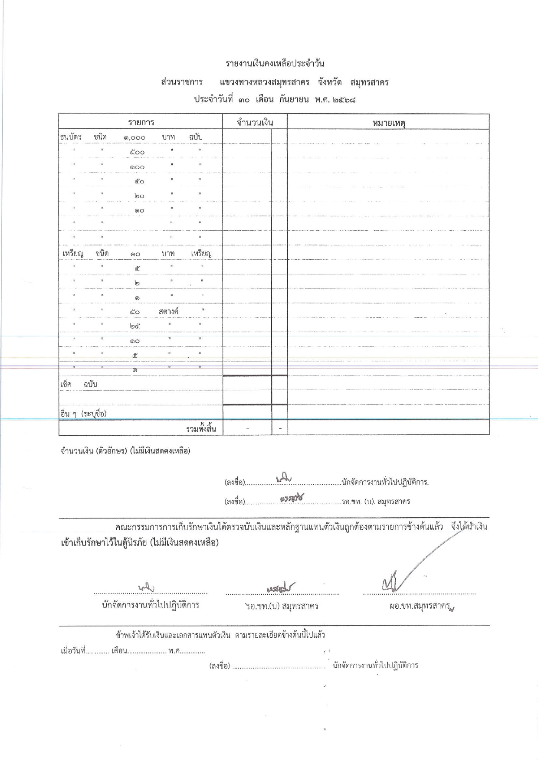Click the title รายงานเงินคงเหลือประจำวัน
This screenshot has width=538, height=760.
pyautogui.click(x=275, y=64)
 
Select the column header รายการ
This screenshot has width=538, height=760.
pyautogui.click(x=141, y=123)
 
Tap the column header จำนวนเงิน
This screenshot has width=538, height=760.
pyautogui.click(x=255, y=123)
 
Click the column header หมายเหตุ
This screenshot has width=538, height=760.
pyautogui.click(x=388, y=123)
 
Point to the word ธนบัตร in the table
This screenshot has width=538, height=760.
pyautogui.click(x=70, y=137)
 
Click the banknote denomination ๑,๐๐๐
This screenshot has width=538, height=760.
pyautogui.click(x=134, y=138)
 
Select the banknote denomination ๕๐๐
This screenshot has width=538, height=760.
pyautogui.click(x=137, y=152)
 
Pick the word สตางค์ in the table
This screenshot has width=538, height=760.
pyautogui.click(x=169, y=311)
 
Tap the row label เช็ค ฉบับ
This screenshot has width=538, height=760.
pyautogui.click(x=79, y=385)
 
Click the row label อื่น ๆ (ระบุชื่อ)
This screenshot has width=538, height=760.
pyautogui.click(x=83, y=414)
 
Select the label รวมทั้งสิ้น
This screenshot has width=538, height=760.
pyautogui.click(x=200, y=429)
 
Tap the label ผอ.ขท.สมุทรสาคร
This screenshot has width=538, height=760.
pyautogui.click(x=420, y=606)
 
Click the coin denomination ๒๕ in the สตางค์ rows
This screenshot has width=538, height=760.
pyautogui.click(x=135, y=326)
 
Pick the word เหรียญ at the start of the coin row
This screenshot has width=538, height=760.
pyautogui.click(x=72, y=253)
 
